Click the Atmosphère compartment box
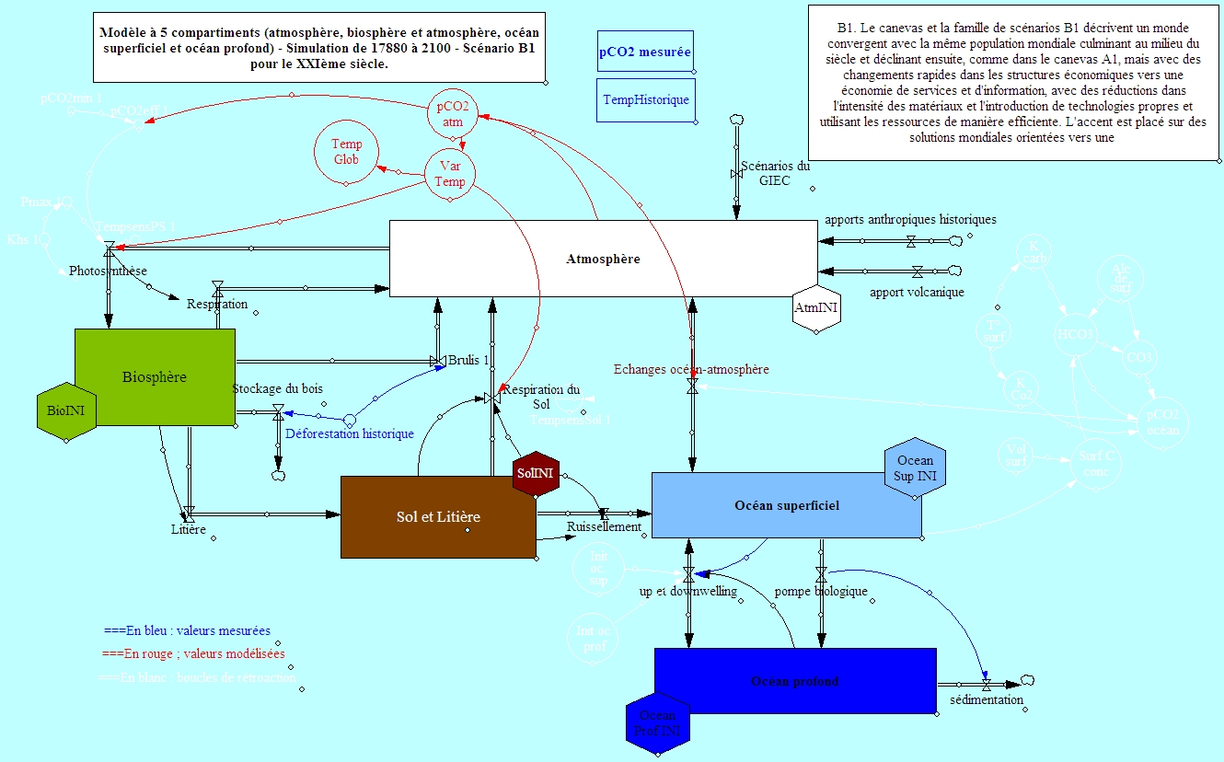coord(603,259)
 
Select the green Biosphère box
coord(155,376)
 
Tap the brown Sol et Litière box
coord(438,516)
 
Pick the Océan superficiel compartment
coord(786,505)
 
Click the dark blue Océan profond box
coord(794,681)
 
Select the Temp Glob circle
coord(346,152)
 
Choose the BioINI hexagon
coord(66,410)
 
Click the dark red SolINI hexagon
coord(536,474)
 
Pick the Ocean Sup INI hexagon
coord(914,468)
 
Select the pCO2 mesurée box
coord(645,52)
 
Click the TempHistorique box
coord(645,99)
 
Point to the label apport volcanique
coord(917,293)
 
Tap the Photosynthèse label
coord(108,271)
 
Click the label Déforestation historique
coord(349,433)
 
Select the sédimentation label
coord(987,700)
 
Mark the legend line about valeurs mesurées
coord(187,631)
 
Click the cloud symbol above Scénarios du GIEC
coord(736,121)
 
